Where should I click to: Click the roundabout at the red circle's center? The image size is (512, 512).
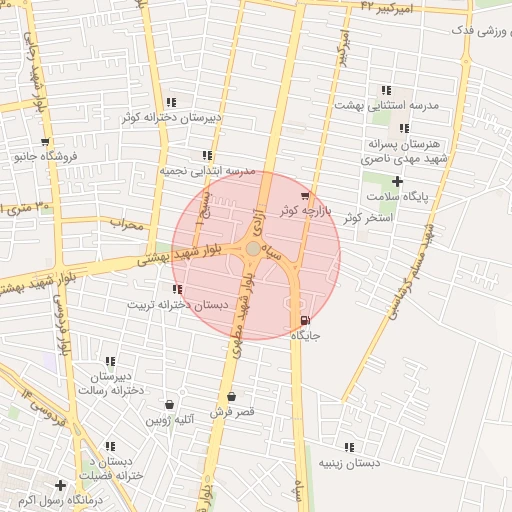[254, 248]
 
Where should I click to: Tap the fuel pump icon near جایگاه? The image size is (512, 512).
[305, 320]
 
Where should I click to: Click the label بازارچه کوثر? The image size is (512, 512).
[305, 210]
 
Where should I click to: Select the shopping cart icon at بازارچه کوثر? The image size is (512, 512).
[305, 195]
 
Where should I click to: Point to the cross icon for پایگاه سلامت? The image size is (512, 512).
[398, 181]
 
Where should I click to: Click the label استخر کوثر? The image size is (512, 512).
[366, 217]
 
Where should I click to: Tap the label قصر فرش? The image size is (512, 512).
[232, 411]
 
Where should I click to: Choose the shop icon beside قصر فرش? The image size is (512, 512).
[232, 396]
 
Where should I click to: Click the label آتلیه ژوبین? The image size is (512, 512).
[169, 420]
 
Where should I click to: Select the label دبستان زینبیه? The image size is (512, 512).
[349, 464]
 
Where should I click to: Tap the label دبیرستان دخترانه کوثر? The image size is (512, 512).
[171, 117]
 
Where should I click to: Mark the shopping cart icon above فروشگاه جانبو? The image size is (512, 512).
[44, 142]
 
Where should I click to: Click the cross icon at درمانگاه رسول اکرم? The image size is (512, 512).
[61, 485]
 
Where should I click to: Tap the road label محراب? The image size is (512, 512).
[128, 224]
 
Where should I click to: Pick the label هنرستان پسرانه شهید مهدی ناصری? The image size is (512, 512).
[404, 151]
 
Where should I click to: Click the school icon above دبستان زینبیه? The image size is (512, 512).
[349, 448]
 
